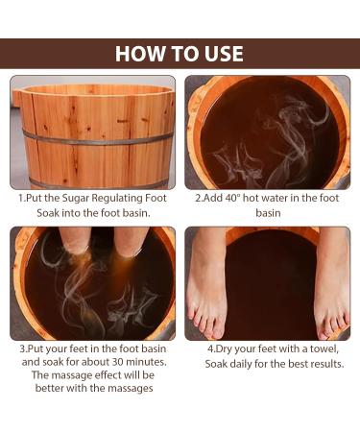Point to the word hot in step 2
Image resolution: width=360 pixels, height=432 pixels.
point(255,199)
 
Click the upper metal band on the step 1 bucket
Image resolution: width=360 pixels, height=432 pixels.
point(96,135)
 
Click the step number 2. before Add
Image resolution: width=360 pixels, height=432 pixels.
point(199,199)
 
